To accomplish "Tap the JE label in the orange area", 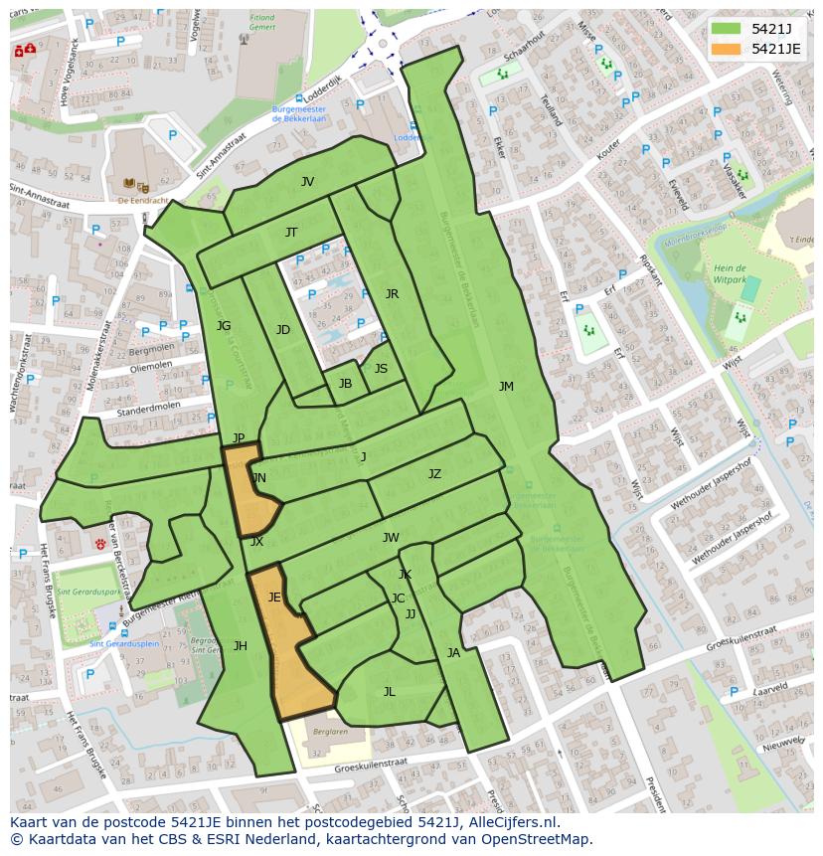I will click(x=274, y=598).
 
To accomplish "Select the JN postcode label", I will click(x=258, y=478).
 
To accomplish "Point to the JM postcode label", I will click(x=506, y=387).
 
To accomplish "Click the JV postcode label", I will click(x=307, y=182).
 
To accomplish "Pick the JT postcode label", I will click(x=291, y=233).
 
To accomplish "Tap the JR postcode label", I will click(x=392, y=294).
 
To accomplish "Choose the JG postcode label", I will click(x=224, y=326).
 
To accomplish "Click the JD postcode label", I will click(x=283, y=330).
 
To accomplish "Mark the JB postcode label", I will click(x=345, y=384).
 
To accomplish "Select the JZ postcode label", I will click(x=434, y=474).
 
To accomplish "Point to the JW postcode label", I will click(x=391, y=538).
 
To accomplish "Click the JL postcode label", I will click(x=389, y=692).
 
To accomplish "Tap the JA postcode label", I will click(x=453, y=653).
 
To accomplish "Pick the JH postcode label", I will click(x=241, y=646).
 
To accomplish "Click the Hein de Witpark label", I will click(x=729, y=274).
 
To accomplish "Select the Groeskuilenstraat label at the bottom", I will click(x=371, y=767).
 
